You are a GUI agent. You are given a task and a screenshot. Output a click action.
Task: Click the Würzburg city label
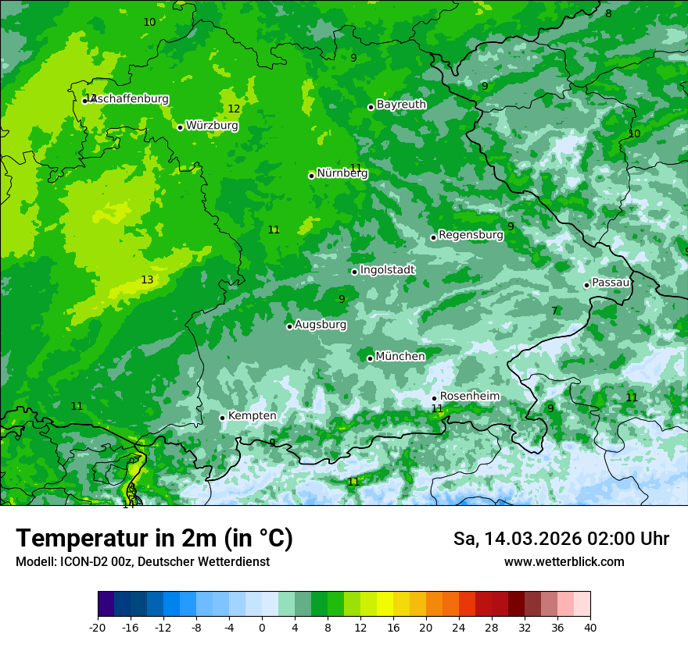point(212,126)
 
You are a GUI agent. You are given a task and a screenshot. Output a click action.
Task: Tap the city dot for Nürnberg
point(311,176)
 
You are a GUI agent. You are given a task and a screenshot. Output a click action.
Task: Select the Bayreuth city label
point(401,105)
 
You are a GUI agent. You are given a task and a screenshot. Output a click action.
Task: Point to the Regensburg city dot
point(433,237)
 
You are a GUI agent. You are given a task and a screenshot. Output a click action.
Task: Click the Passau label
point(611,283)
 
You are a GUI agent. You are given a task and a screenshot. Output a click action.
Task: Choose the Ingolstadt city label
point(387,270)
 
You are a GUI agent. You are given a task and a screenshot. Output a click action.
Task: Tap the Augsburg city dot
point(289,326)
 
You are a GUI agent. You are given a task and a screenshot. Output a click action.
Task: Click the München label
point(400,357)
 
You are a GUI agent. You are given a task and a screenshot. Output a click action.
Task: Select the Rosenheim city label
point(469,397)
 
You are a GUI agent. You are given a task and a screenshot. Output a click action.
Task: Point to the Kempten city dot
point(222,418)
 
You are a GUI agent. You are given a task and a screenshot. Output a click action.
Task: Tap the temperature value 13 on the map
point(147,279)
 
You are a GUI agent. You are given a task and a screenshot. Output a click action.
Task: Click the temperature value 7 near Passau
point(554,311)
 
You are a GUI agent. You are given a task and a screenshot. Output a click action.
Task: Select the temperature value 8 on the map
point(608,13)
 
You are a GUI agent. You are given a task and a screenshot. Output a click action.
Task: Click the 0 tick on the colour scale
point(262,627)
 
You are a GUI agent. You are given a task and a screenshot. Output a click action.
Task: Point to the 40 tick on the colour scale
point(590,627)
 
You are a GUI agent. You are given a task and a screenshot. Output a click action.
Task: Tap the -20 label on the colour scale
point(98,627)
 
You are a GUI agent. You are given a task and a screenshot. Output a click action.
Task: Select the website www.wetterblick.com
point(564,562)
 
